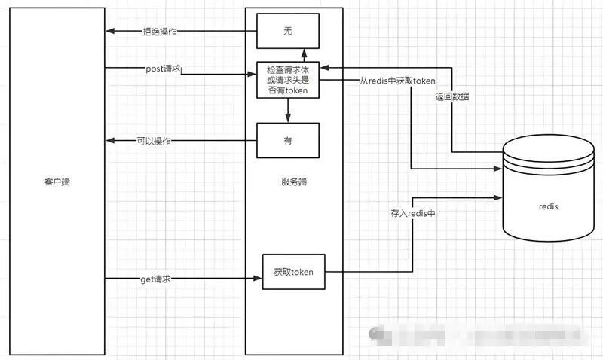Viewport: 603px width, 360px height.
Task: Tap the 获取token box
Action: (x=293, y=273)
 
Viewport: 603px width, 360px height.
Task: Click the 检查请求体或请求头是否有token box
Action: (x=287, y=79)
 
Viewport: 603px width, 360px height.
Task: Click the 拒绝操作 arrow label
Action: (x=160, y=31)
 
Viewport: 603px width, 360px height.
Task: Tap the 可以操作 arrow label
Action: (x=154, y=140)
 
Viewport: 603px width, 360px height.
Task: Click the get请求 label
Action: (x=156, y=279)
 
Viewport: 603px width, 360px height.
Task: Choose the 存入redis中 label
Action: (x=412, y=215)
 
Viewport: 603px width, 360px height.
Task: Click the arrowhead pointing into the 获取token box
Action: (x=258, y=279)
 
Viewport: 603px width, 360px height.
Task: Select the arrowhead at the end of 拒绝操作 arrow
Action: (x=110, y=31)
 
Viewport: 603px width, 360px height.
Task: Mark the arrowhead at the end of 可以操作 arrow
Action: (x=110, y=140)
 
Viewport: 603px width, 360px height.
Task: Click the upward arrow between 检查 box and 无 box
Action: (x=304, y=53)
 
